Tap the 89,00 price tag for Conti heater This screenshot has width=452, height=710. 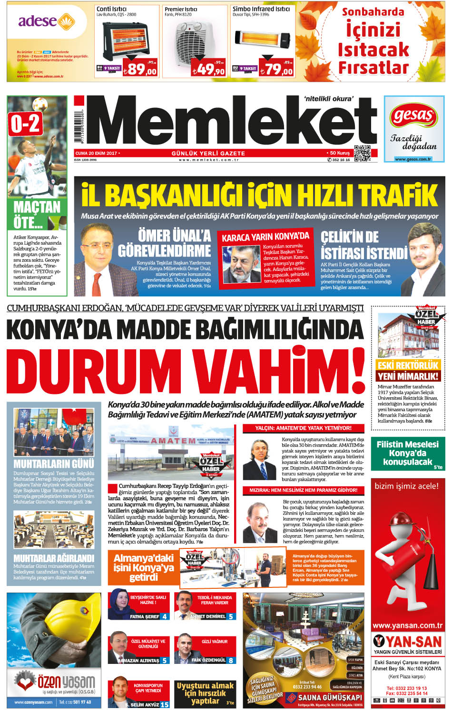140,69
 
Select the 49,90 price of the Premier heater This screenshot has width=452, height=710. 208,69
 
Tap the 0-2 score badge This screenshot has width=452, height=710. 25,124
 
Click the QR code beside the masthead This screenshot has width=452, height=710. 362,153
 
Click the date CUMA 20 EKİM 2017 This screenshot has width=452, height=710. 96,153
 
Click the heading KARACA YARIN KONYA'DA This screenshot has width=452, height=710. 265,237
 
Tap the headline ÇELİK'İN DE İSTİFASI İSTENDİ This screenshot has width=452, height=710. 364,245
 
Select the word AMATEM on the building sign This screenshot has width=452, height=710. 173,441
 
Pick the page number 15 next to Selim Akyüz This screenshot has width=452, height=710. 165,705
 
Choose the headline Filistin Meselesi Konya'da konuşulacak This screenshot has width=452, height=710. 407,453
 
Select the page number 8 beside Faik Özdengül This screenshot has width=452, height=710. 231,660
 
